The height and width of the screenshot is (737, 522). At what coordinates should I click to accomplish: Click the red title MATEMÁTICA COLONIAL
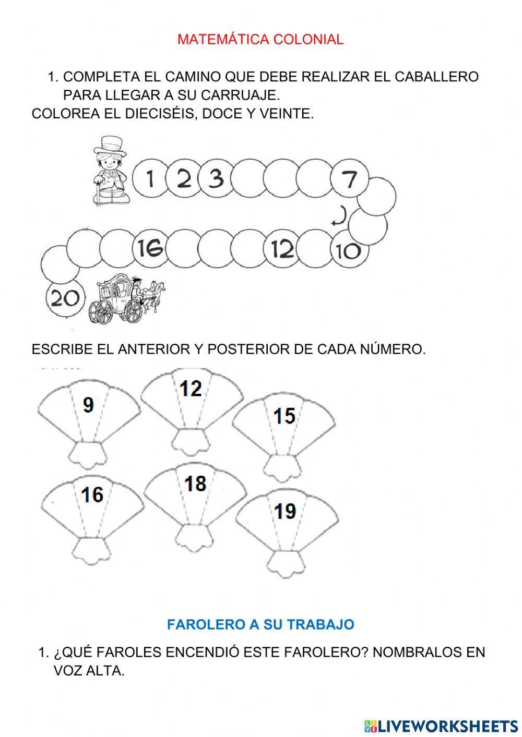[x=260, y=40]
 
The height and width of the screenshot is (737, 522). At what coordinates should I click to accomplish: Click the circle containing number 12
[x=282, y=249]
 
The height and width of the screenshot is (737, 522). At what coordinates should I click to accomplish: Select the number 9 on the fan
[x=89, y=405]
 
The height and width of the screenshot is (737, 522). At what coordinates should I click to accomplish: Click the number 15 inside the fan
[x=284, y=416]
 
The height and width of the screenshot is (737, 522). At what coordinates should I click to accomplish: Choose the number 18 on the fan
[x=195, y=484]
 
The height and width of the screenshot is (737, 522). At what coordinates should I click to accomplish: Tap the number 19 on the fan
[x=285, y=511]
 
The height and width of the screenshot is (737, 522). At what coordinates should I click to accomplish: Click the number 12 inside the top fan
[x=191, y=389]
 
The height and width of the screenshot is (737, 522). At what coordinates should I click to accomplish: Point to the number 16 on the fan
[x=92, y=494]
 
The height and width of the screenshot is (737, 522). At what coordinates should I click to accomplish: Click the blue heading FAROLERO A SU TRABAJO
[x=260, y=624]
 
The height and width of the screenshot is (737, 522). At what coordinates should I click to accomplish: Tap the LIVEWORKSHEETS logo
[x=441, y=726]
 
